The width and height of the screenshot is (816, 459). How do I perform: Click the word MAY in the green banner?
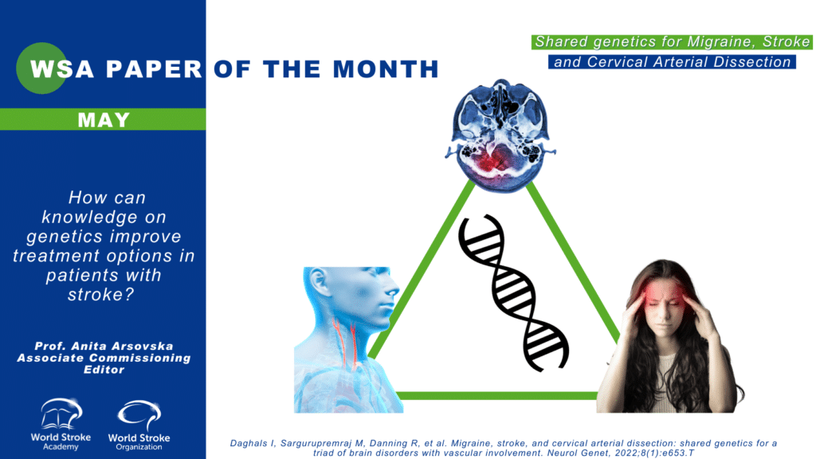(x=104, y=120)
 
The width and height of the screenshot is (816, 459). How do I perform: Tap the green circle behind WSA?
(x=41, y=69)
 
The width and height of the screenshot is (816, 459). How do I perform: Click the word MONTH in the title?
(x=386, y=69)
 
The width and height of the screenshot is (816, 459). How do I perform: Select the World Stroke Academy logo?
(x=61, y=424)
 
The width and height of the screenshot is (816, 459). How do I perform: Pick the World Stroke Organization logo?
(x=139, y=426)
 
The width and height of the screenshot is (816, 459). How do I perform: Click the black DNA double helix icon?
(x=512, y=293)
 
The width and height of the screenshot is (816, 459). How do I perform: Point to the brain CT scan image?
(x=500, y=135)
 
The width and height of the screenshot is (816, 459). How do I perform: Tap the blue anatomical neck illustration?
(x=348, y=339)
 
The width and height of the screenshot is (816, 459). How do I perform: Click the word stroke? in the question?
(x=101, y=295)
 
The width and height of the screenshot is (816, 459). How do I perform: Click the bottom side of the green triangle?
(x=497, y=396)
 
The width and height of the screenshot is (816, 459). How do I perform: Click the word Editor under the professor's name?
(x=104, y=370)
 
